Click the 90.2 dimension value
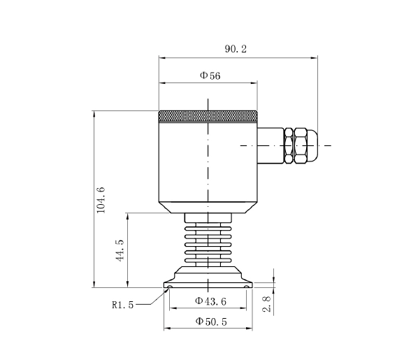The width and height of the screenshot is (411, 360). pos(236,49)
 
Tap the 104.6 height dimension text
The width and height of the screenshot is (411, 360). pos(100,199)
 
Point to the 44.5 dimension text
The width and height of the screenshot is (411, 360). pos(120,250)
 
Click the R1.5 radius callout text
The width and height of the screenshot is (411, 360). pos(123,304)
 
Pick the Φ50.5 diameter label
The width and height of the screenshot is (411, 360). pos(210,322)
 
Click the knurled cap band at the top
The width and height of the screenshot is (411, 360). pos(208,116)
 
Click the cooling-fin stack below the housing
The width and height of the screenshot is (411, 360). pos(208,241)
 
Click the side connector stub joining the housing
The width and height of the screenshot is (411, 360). pos(271,145)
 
